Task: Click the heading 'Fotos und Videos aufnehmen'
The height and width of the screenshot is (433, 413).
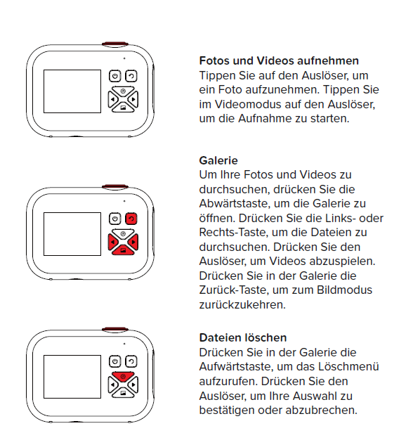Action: (x=279, y=60)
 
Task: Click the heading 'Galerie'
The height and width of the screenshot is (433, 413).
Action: (x=218, y=160)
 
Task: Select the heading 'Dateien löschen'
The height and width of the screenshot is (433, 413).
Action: (x=243, y=337)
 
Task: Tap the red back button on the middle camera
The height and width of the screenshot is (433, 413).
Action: (x=131, y=219)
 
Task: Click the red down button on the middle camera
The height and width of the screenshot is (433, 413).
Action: (x=123, y=250)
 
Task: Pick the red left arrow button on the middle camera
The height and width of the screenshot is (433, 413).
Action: (x=113, y=243)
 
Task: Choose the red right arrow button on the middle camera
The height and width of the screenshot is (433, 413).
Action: (x=133, y=243)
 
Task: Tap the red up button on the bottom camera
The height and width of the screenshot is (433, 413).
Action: (x=123, y=377)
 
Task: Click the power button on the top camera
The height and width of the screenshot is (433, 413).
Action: (x=115, y=76)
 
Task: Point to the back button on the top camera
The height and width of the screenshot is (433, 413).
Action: (x=131, y=76)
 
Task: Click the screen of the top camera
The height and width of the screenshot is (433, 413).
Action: (x=72, y=91)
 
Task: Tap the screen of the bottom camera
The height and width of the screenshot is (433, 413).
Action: (x=72, y=377)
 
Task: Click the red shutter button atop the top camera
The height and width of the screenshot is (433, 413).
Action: (x=115, y=44)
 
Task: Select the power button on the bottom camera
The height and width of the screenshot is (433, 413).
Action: (x=115, y=361)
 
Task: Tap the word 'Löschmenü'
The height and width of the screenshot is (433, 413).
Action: (x=348, y=367)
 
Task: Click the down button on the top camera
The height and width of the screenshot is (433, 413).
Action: (x=123, y=108)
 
